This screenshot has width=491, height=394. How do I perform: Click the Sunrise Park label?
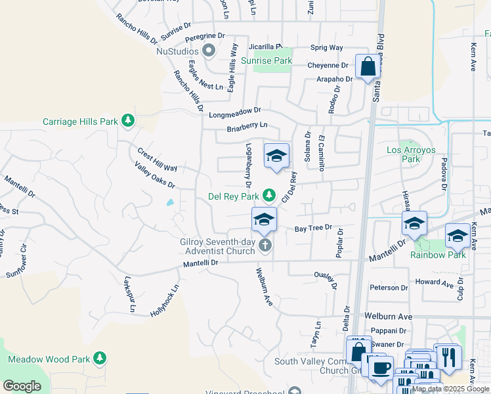coord(266,60)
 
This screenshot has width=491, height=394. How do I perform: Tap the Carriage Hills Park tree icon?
coord(129,121)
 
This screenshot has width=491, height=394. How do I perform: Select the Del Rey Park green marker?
coord(268,195)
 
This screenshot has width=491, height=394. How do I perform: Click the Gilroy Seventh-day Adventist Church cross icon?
coord(265,246)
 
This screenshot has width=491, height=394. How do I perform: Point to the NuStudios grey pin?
coord(209,51)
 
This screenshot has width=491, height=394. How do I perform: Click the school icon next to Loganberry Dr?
coord(277,156)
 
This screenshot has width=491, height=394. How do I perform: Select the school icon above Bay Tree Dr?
coord(264,219)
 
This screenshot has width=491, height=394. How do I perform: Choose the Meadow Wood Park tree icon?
coord(100,359)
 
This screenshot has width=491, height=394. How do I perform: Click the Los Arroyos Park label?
coord(411,154)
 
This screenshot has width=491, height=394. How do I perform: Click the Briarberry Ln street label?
coord(247,127)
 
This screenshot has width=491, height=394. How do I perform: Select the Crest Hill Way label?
coord(157,160)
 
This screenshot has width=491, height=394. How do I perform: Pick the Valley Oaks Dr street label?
coord(154,176)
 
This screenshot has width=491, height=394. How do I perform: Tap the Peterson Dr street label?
coord(389,288)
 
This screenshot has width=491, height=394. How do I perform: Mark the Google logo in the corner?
coord(22,386)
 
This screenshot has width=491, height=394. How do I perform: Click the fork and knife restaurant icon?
coord(448,357)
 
